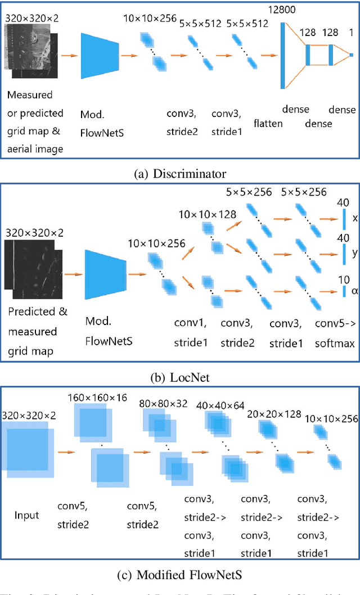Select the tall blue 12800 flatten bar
point(282,55)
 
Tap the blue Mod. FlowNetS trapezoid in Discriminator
point(100,55)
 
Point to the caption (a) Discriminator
point(179,173)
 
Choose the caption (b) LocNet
point(179,377)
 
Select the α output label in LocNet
point(354,291)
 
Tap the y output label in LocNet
point(354,254)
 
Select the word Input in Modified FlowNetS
point(26,515)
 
